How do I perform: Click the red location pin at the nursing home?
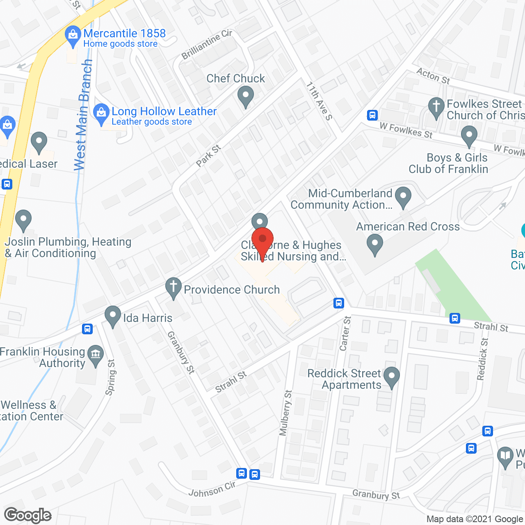click(x=262, y=240)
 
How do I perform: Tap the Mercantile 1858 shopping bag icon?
click(x=73, y=36)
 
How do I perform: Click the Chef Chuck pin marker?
click(x=245, y=96)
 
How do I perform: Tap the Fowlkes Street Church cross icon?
click(x=436, y=107)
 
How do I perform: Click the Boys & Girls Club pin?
click(x=469, y=136)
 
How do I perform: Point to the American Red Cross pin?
click(x=374, y=244)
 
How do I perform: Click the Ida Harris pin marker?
click(x=112, y=316)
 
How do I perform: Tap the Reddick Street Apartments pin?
click(x=392, y=377)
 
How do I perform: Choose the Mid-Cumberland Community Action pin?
click(x=403, y=197)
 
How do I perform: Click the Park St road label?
click(x=208, y=156)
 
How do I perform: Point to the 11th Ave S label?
click(x=319, y=101)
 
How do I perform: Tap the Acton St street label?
click(x=433, y=76)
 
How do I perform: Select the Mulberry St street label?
click(x=285, y=413)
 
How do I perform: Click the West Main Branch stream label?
click(x=83, y=115)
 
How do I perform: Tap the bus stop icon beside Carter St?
click(x=338, y=303)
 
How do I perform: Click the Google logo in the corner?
click(x=28, y=515)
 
